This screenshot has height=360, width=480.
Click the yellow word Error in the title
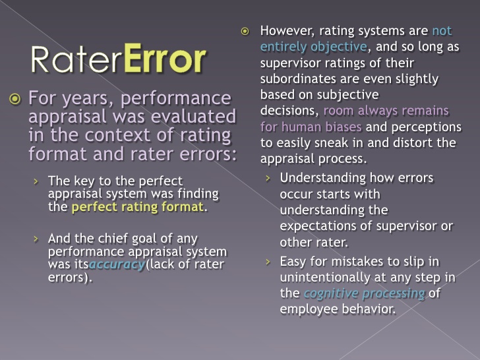pyautogui.click(x=165, y=58)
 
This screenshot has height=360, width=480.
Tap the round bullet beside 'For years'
pyautogui.click(x=15, y=99)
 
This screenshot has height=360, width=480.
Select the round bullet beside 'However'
pyautogui.click(x=245, y=31)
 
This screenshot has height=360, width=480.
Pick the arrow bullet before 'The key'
pyautogui.click(x=36, y=181)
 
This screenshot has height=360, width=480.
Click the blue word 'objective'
pyautogui.click(x=339, y=47)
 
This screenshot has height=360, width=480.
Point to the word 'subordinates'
pyautogui.click(x=298, y=78)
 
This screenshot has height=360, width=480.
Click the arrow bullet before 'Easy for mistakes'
pyautogui.click(x=268, y=262)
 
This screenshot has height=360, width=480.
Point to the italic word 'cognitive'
pyautogui.click(x=331, y=293)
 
